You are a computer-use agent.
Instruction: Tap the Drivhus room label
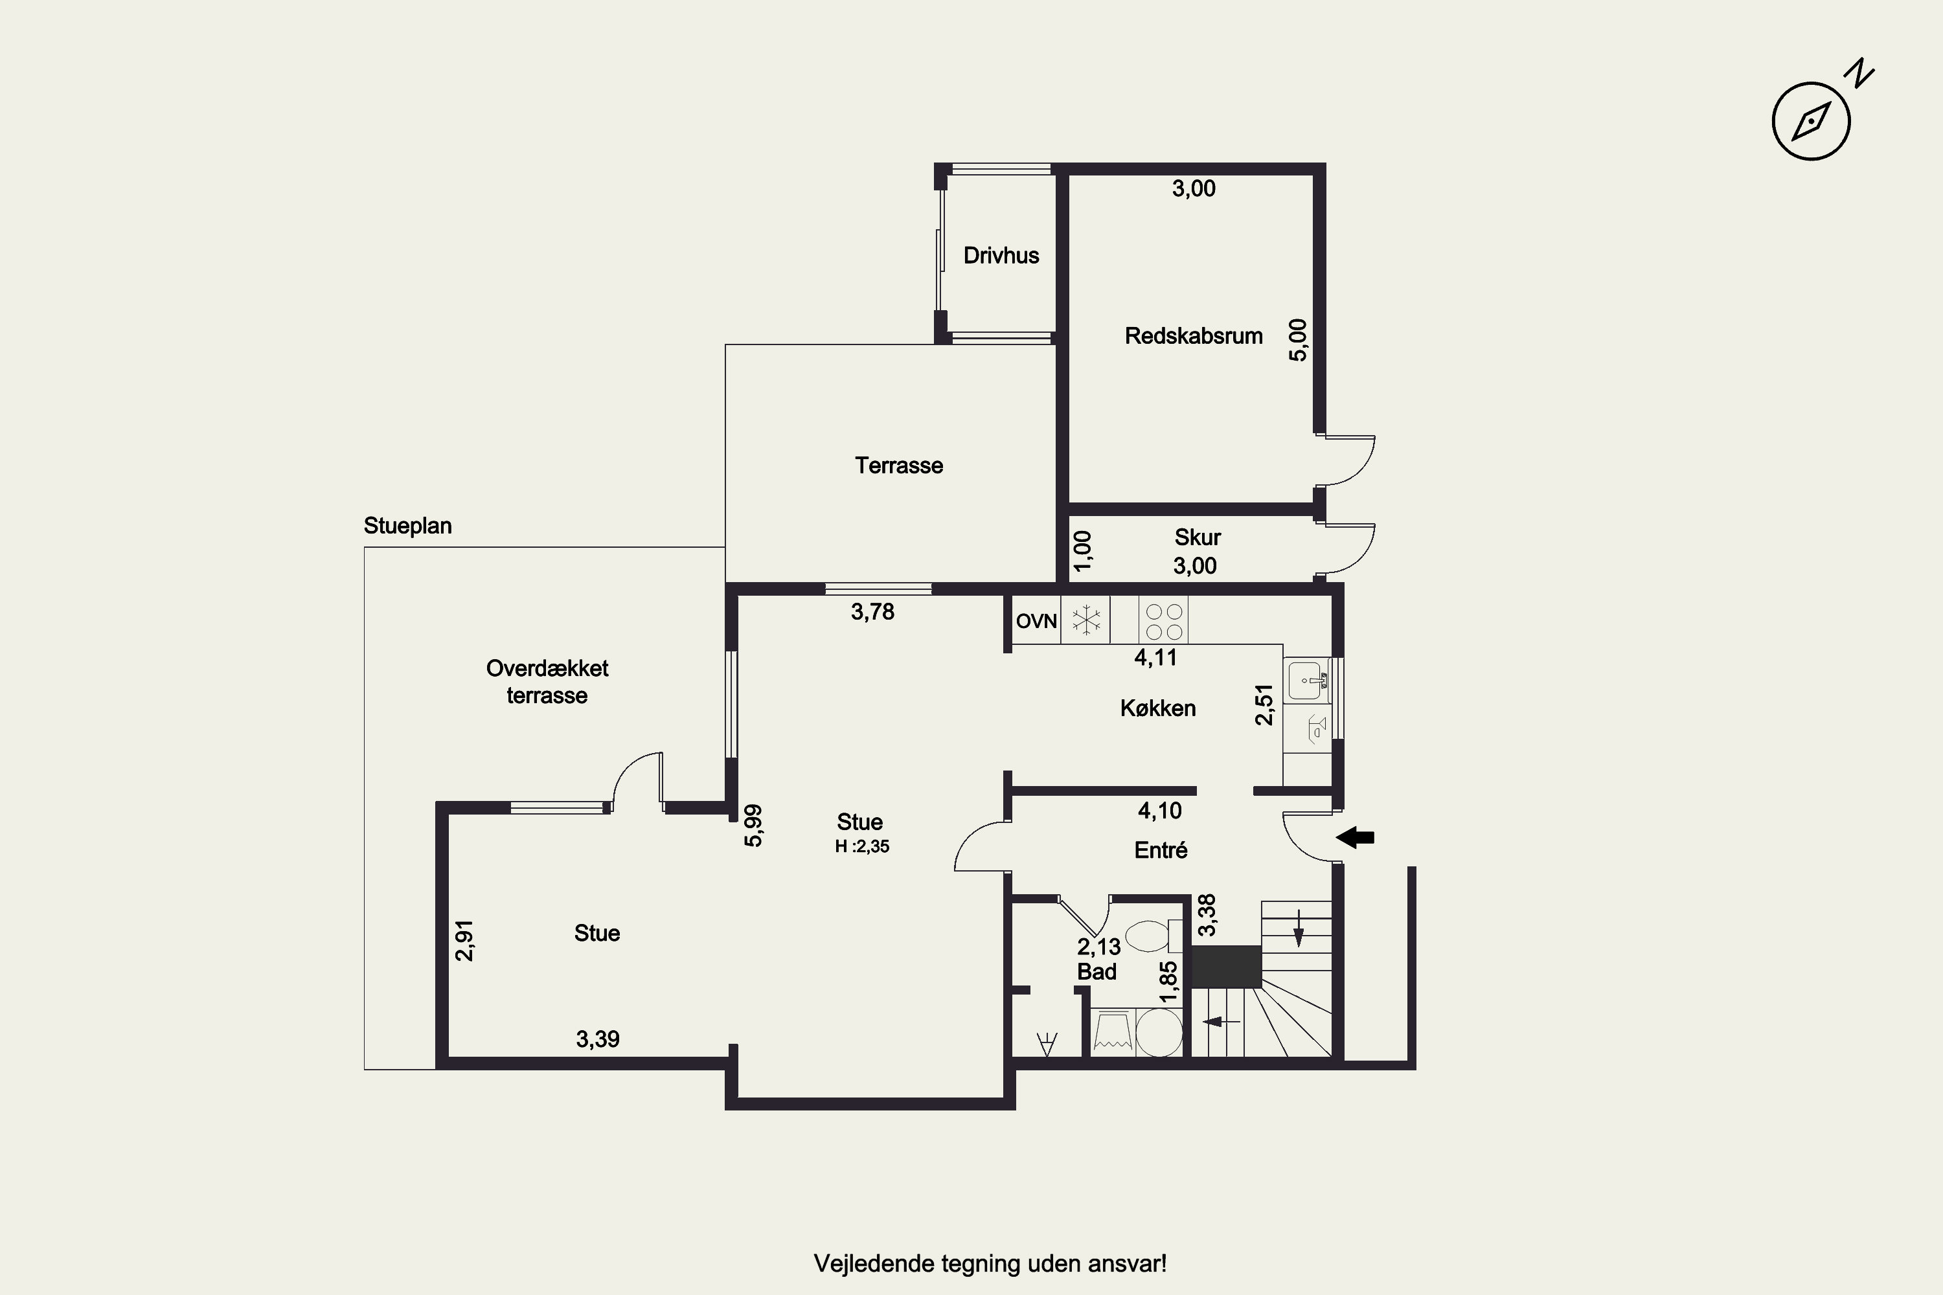pyautogui.click(x=1001, y=255)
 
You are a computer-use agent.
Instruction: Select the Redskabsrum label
pyautogui.click(x=1193, y=336)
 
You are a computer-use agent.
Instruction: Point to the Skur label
pyautogui.click(x=1197, y=537)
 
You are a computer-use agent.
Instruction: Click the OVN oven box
pyautogui.click(x=1036, y=621)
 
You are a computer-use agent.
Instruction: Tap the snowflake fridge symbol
pyautogui.click(x=1085, y=620)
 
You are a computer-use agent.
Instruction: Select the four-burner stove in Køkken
pyautogui.click(x=1164, y=621)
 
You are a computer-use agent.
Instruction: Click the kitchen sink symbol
pyautogui.click(x=1306, y=681)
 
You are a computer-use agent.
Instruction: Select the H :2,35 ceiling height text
pyautogui.click(x=861, y=846)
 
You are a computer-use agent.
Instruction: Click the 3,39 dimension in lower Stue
pyautogui.click(x=597, y=1039)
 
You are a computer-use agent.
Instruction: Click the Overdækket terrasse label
pyautogui.click(x=547, y=681)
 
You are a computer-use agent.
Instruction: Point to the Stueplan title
pyautogui.click(x=407, y=526)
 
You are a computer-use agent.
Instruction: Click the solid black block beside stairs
pyautogui.click(x=1226, y=966)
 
